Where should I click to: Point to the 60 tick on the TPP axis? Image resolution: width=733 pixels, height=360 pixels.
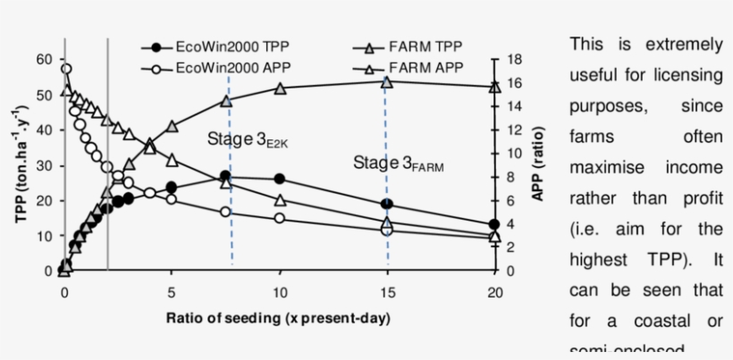(x=44, y=59)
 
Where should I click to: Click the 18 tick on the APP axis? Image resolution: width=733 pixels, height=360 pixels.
(x=512, y=59)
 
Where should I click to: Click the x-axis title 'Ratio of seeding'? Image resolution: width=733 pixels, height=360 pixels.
(x=278, y=318)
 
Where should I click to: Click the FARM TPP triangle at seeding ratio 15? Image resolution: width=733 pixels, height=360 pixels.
(x=387, y=82)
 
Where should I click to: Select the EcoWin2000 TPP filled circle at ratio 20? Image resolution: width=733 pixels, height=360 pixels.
(x=495, y=225)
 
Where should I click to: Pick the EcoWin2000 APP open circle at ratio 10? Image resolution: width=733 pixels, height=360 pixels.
(x=280, y=218)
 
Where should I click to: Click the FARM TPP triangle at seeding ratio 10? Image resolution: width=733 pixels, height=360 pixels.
(x=280, y=88)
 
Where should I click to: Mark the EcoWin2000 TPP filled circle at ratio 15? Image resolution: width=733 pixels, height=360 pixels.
(x=387, y=205)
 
